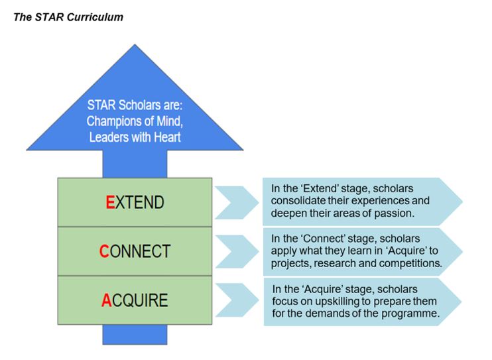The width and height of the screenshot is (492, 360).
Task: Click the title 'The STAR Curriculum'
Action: click(68, 17)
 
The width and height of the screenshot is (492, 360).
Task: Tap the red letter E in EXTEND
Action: click(111, 203)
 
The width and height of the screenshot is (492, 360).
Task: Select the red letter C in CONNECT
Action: click(104, 251)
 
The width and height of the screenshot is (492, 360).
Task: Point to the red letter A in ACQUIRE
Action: click(106, 300)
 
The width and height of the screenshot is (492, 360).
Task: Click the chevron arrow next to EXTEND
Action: click(237, 202)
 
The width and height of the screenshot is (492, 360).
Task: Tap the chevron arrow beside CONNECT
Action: click(237, 251)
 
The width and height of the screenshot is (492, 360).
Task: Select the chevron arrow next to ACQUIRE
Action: click(237, 300)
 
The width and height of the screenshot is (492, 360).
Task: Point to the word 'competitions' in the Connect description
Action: click(409, 263)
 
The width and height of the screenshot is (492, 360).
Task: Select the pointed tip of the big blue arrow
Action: click(135, 46)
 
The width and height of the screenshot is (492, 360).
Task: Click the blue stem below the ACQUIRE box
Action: click(135, 334)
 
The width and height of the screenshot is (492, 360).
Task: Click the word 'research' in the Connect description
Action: click(338, 263)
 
